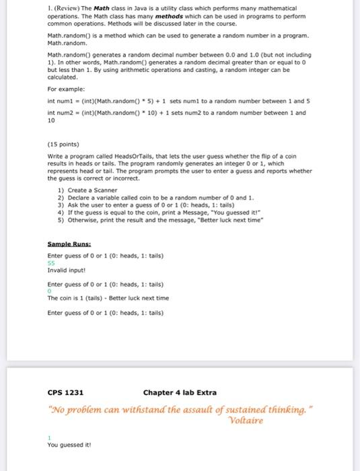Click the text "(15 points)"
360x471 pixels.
[x=63, y=144]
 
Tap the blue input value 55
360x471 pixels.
[x=51, y=263]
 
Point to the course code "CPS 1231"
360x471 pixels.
[x=65, y=392]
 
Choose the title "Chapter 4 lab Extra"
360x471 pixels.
[x=180, y=392]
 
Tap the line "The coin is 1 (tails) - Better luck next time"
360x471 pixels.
[x=108, y=298]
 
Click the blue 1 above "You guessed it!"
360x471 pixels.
[x=49, y=438]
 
